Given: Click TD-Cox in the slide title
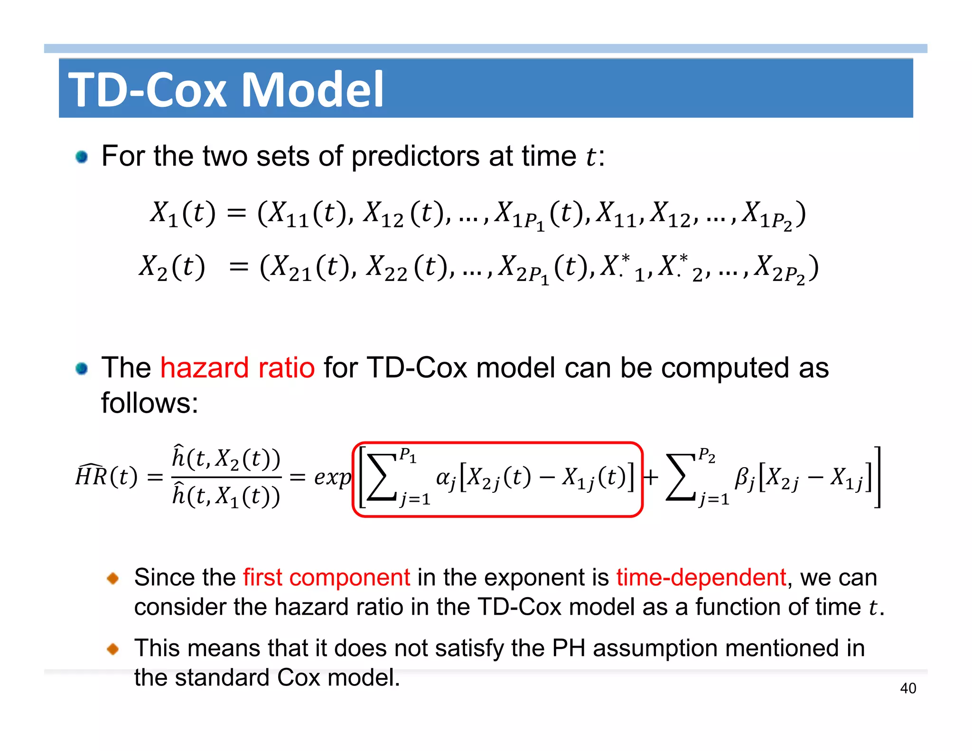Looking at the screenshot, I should click(148, 89).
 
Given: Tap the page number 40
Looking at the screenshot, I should click(908, 688).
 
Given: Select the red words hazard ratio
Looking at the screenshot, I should click(237, 367).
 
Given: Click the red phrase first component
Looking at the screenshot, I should click(327, 577).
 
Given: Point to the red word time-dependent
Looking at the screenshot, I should click(701, 577).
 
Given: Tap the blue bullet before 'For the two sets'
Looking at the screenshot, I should click(82, 157).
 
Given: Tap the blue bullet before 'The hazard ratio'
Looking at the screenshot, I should click(82, 368).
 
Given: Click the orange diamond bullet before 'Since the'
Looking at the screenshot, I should click(113, 578).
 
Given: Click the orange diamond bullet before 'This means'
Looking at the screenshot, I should click(113, 648).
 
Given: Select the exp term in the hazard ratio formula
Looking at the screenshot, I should click(332, 477).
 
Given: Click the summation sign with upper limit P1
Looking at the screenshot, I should click(382, 477).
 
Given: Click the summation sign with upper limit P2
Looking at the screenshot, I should click(681, 477).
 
